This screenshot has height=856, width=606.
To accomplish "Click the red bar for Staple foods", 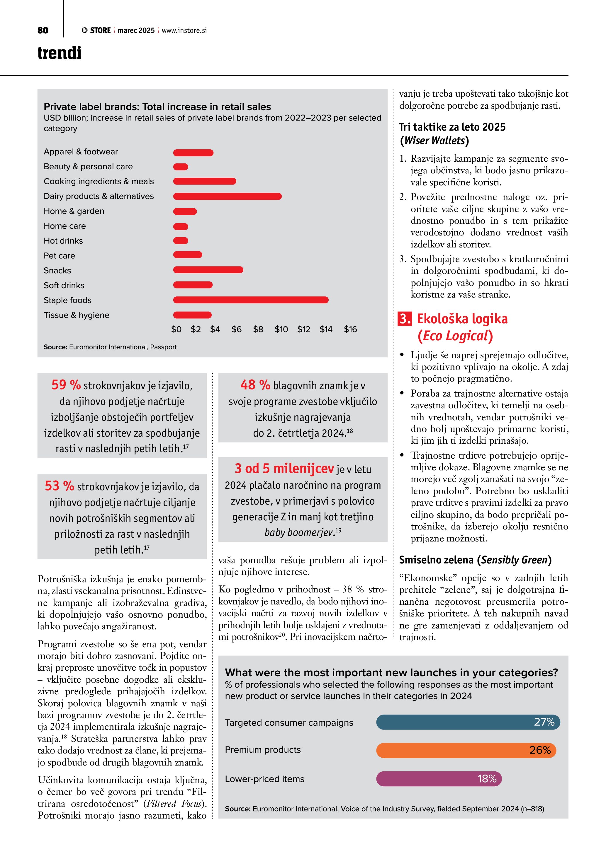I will [250, 300].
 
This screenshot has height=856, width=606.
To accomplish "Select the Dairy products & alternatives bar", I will [227, 196].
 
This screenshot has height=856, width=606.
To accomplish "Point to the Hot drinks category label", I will [63, 241].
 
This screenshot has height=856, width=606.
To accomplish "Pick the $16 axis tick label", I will [350, 329].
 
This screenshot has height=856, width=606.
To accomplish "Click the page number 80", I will [43, 30].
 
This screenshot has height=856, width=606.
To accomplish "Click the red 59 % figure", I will [66, 385].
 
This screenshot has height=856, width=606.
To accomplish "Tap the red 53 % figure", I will [59, 486].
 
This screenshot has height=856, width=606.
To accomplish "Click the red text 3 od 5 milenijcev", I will [284, 468].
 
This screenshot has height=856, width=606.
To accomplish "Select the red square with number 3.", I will [405, 319].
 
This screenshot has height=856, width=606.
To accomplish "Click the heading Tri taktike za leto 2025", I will [452, 127].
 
